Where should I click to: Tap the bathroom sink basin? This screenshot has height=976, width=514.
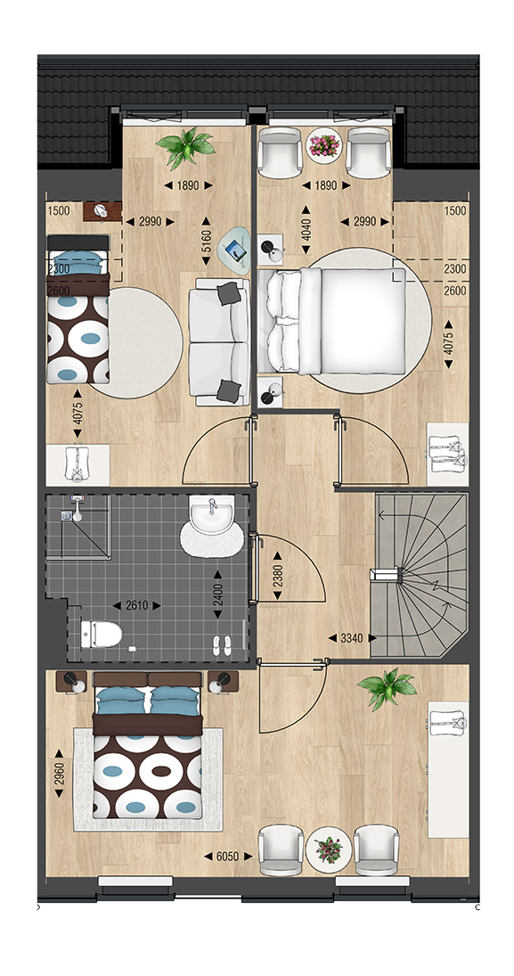[x=212, y=514]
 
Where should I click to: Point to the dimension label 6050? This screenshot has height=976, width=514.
[x=229, y=857]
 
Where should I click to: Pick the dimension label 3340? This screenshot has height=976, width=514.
[x=352, y=638]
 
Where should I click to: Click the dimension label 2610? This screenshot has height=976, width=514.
[x=137, y=605]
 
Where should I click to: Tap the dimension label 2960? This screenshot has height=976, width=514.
[x=59, y=773]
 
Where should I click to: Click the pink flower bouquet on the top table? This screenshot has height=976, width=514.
[x=325, y=146]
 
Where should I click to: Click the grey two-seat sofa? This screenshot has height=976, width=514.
[x=219, y=340]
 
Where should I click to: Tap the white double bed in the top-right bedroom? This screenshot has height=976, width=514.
[x=333, y=321]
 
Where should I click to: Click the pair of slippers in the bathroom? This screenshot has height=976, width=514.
[x=222, y=644]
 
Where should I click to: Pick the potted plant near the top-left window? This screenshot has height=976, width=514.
[x=185, y=147]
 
